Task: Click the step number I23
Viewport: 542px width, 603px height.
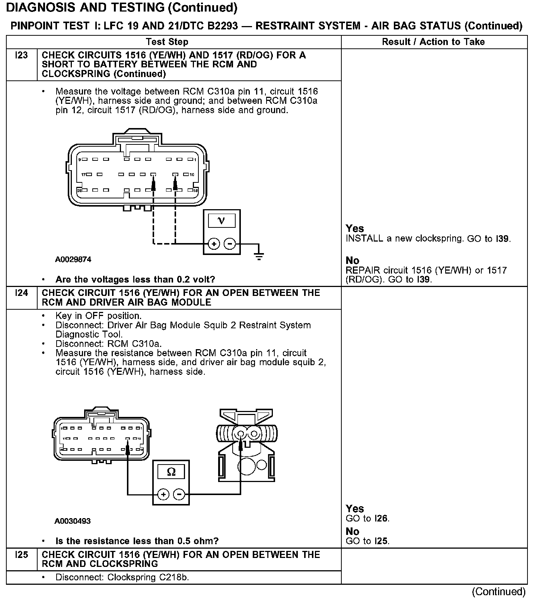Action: click(22, 55)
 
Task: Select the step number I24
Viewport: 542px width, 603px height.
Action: click(22, 293)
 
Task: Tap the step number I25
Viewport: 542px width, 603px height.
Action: click(22, 555)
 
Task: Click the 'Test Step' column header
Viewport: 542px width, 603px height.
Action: click(167, 42)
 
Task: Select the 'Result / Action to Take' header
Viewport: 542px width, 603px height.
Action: click(433, 42)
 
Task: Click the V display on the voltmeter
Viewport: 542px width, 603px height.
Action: click(221, 221)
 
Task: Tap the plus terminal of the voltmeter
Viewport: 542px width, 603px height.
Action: click(214, 244)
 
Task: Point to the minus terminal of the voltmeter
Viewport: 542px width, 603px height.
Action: click(230, 244)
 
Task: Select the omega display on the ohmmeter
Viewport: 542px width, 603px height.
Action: click(171, 472)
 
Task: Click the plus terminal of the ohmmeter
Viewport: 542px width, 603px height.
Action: click(163, 495)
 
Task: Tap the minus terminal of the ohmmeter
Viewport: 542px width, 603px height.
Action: click(179, 495)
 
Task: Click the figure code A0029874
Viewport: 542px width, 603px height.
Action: click(73, 260)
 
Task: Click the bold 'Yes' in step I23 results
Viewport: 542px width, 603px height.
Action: click(354, 229)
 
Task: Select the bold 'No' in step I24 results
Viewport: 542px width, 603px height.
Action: click(352, 532)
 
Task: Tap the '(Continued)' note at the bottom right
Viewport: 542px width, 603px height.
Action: click(499, 591)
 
